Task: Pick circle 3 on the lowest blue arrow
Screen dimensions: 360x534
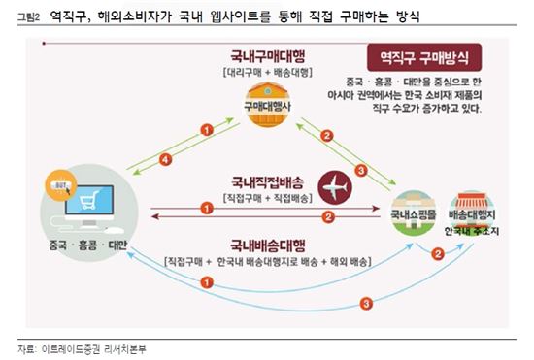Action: (364, 304)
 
